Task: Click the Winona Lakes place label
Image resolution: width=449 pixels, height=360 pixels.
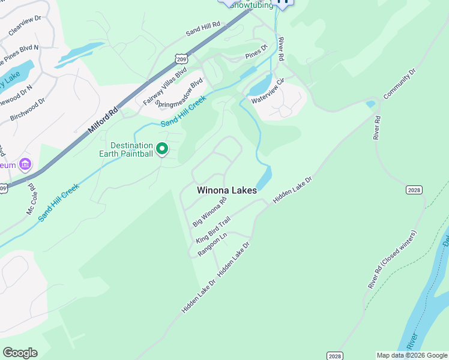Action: (227, 190)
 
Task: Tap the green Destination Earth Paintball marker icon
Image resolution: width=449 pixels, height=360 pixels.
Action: (161, 148)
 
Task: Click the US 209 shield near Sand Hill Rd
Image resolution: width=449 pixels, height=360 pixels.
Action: (181, 58)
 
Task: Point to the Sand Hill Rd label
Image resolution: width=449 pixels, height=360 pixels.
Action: (203, 30)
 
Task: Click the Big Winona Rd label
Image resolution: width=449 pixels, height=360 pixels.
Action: (209, 211)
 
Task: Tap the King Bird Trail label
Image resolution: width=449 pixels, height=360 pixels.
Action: (213, 230)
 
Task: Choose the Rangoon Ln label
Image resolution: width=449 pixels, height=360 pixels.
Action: (212, 245)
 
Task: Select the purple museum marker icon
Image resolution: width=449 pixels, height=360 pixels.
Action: (25, 164)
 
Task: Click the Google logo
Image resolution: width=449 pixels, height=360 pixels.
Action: (20, 352)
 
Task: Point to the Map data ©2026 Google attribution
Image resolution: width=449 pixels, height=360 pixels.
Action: (411, 355)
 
